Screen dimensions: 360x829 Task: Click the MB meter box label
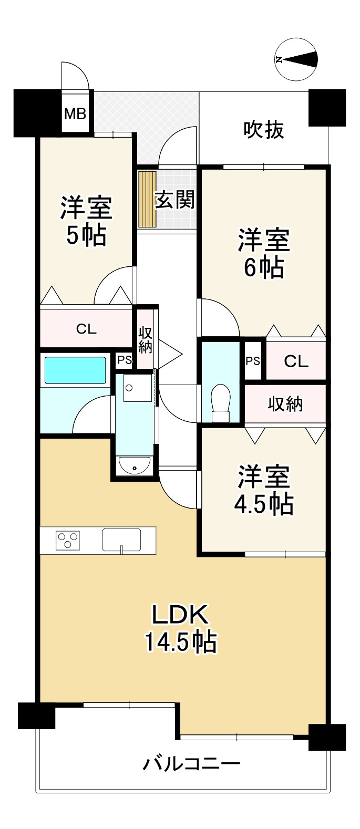click(75, 113)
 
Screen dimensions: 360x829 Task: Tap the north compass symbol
click(296, 59)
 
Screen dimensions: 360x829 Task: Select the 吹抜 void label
click(264, 130)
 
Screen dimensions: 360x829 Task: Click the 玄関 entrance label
click(174, 200)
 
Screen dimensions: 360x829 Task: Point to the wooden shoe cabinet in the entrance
click(147, 199)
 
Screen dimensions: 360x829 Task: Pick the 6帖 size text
click(264, 267)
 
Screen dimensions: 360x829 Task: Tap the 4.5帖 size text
click(264, 504)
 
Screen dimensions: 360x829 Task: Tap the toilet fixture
click(220, 403)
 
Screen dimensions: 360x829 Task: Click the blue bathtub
click(76, 370)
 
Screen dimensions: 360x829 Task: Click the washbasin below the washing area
click(134, 465)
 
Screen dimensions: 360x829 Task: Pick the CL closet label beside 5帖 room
click(86, 329)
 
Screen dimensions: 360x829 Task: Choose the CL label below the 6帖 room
click(296, 361)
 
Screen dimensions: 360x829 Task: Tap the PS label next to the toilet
click(253, 361)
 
